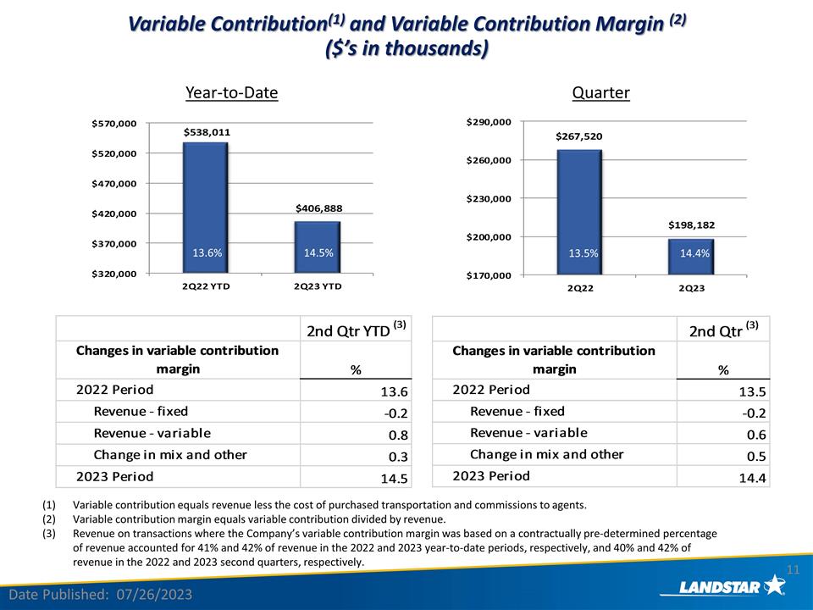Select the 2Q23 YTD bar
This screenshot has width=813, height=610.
[318, 247]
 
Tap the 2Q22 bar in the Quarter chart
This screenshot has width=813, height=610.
[579, 212]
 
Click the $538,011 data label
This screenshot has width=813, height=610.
[207, 132]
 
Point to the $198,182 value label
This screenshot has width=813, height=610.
[692, 225]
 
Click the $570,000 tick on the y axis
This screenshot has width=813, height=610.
[114, 124]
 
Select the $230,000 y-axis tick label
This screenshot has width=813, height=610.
[489, 198]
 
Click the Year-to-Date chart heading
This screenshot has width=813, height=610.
[232, 92]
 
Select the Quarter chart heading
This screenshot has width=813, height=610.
[600, 92]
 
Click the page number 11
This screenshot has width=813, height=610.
[794, 568]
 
